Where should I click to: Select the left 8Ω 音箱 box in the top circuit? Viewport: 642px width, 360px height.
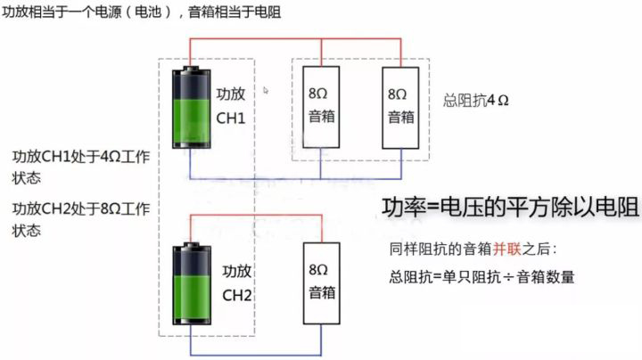pyautogui.click(x=322, y=105)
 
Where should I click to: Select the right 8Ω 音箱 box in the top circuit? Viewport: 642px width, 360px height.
pyautogui.click(x=400, y=105)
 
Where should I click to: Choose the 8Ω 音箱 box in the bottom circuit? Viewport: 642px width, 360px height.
pyautogui.click(x=322, y=280)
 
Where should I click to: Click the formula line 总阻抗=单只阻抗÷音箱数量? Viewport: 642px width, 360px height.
pyautogui.click(x=481, y=276)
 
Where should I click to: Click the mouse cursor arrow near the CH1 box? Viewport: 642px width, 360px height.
pyautogui.click(x=267, y=90)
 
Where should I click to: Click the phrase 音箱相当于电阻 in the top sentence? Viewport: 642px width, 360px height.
pyautogui.click(x=236, y=13)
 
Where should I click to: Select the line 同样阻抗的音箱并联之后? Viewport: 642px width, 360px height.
pyautogui.click(x=473, y=250)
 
